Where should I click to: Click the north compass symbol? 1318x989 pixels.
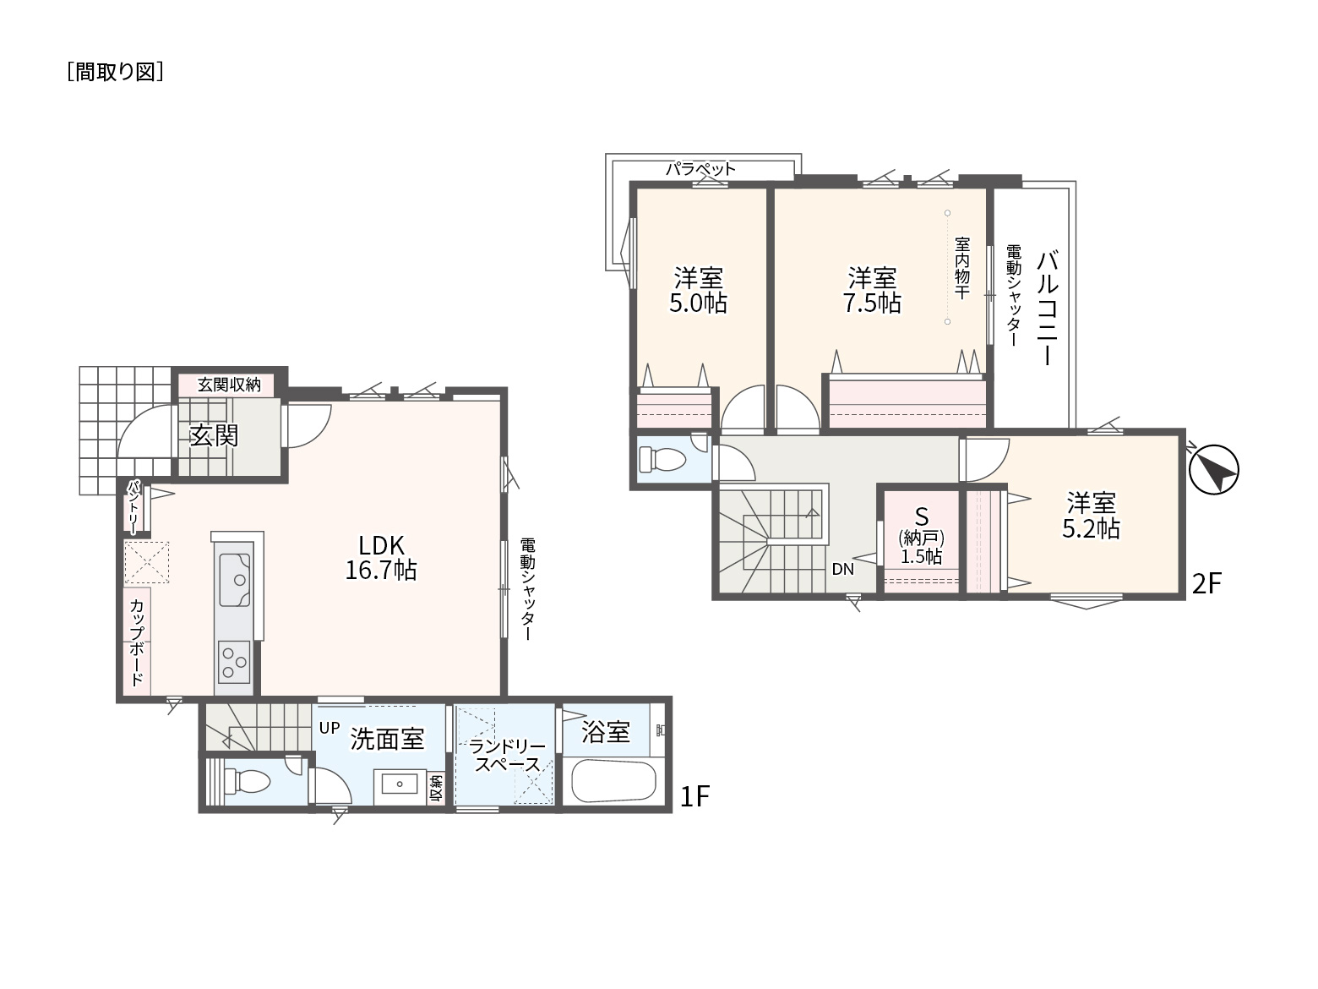pyautogui.click(x=1213, y=469)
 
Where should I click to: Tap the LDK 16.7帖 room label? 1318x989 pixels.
pyautogui.click(x=381, y=557)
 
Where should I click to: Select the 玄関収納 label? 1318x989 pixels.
pyautogui.click(x=229, y=385)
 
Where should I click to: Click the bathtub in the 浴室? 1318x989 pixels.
pyautogui.click(x=613, y=780)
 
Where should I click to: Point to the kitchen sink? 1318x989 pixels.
pyautogui.click(x=234, y=580)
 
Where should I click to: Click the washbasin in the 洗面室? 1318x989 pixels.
pyautogui.click(x=400, y=784)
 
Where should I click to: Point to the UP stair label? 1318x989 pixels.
pyautogui.click(x=329, y=728)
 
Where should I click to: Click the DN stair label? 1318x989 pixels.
pyautogui.click(x=843, y=569)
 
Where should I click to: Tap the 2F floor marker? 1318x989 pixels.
pyautogui.click(x=1206, y=583)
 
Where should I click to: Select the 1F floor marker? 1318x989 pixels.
pyautogui.click(x=694, y=796)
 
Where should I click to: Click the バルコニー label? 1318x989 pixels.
pyautogui.click(x=1047, y=308)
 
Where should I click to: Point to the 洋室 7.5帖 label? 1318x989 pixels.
pyautogui.click(x=872, y=291)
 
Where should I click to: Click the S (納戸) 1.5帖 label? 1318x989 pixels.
pyautogui.click(x=921, y=536)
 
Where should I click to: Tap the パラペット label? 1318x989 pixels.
pyautogui.click(x=700, y=169)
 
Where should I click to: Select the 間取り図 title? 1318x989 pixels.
pyautogui.click(x=115, y=72)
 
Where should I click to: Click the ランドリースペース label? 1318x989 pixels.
pyautogui.click(x=506, y=756)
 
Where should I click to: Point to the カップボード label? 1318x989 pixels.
pyautogui.click(x=136, y=642)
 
